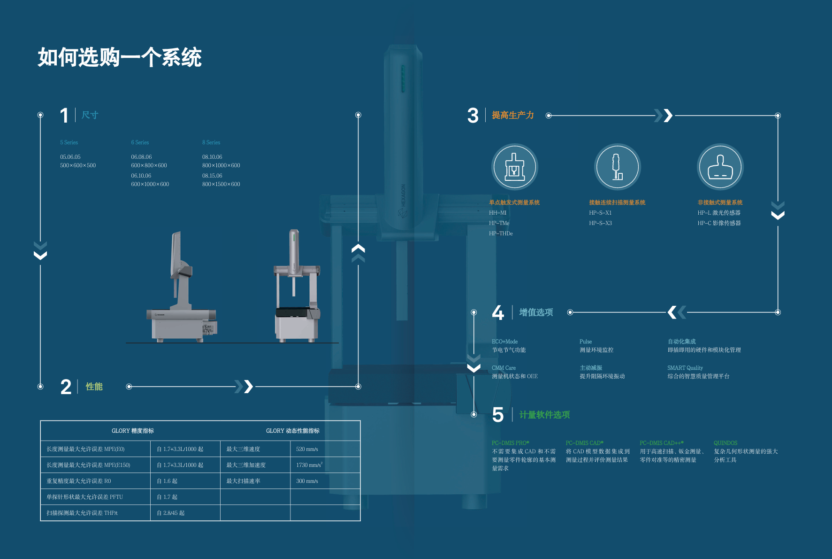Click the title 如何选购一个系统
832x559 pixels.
pyautogui.click(x=120, y=58)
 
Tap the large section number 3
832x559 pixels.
pyautogui.click(x=473, y=116)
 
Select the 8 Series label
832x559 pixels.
pyautogui.click(x=211, y=142)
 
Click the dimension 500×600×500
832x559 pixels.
pyautogui.click(x=78, y=165)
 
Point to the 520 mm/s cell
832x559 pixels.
pyautogui.click(x=307, y=449)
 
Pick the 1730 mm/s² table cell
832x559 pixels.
pyautogui.click(x=309, y=465)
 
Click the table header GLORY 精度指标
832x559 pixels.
pyautogui.click(x=132, y=431)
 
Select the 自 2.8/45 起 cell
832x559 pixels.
pyautogui.click(x=170, y=513)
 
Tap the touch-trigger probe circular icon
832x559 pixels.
pyautogui.click(x=514, y=167)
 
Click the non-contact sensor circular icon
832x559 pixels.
pyautogui.click(x=720, y=167)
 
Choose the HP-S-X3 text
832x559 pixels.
pyautogui.click(x=600, y=223)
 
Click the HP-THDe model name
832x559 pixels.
pyautogui.click(x=501, y=233)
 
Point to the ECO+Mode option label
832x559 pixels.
pyautogui.click(x=504, y=342)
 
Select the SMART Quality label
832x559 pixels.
pyautogui.click(x=685, y=368)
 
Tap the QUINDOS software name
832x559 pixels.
pyautogui.click(x=725, y=443)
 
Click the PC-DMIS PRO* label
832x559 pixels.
pyautogui.click(x=510, y=443)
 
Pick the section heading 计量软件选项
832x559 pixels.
pyautogui.click(x=544, y=415)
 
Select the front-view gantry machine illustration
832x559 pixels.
pyautogui.click(x=297, y=287)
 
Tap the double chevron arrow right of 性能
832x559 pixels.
pyautogui.click(x=244, y=387)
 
